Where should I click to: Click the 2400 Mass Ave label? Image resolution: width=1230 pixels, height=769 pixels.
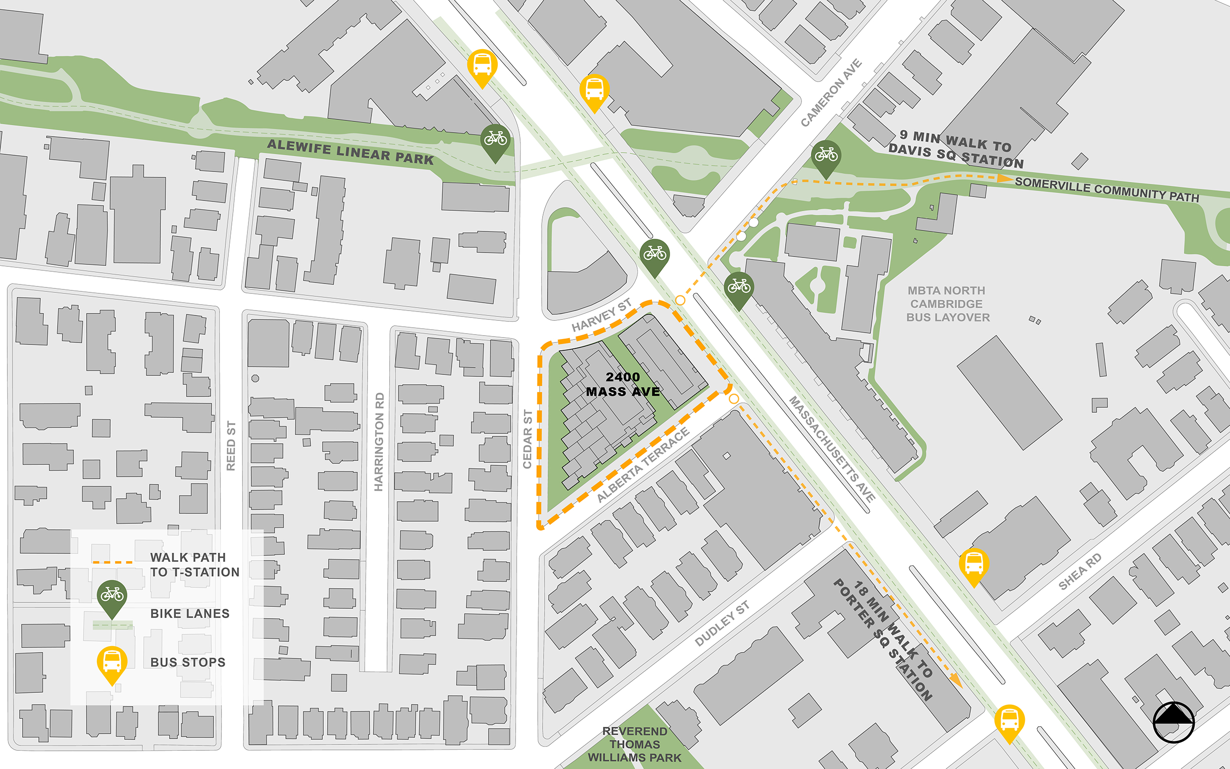[x=623, y=384]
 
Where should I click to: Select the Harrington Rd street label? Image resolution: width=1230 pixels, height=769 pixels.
[x=379, y=441]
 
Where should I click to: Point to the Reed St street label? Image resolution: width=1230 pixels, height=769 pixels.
[x=231, y=446]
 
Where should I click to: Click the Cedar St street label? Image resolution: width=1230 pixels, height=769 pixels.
[x=527, y=439]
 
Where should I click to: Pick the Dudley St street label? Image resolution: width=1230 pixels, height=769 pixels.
[x=722, y=624]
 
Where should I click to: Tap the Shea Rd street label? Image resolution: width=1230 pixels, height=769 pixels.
[x=1079, y=571]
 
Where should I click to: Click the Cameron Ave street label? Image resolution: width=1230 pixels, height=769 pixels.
[x=831, y=92]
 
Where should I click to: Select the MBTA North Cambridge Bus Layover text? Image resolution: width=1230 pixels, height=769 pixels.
[x=948, y=304]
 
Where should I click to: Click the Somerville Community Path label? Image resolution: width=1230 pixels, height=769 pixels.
[x=1107, y=190]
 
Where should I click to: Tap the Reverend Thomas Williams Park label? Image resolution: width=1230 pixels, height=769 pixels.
[x=634, y=744]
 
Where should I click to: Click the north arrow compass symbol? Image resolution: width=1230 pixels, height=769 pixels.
[x=1173, y=722]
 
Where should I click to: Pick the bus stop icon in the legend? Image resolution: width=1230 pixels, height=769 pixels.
[x=112, y=662]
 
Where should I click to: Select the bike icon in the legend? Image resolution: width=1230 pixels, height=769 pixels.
[x=112, y=595]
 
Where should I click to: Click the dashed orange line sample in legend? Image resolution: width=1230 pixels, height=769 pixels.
[x=113, y=563]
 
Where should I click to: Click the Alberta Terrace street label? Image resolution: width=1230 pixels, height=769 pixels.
[x=643, y=465]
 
